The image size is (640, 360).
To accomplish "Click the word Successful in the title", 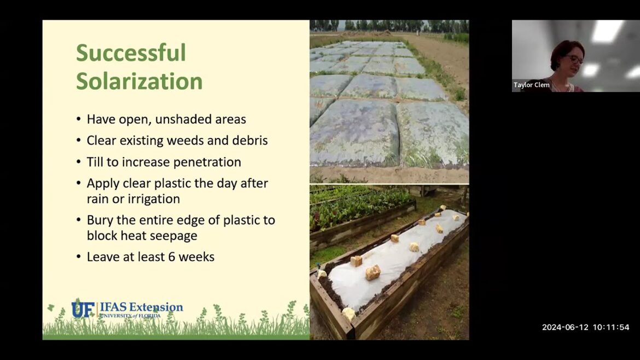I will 131,53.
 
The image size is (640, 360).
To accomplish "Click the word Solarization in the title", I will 139,81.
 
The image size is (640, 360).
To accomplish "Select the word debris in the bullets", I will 249,141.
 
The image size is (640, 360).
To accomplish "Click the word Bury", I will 99,220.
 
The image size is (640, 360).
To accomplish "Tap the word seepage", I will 174,235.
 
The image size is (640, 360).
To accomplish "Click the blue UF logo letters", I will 83,309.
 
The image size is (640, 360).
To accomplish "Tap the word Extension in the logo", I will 156,307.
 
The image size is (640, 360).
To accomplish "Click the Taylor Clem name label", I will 531,85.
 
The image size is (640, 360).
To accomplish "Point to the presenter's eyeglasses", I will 574,59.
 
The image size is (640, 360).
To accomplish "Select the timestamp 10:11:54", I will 609,327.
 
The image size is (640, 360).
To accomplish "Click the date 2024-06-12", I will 565,327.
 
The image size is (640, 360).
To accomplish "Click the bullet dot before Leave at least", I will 79,257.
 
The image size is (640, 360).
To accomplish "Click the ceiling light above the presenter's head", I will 607,31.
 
